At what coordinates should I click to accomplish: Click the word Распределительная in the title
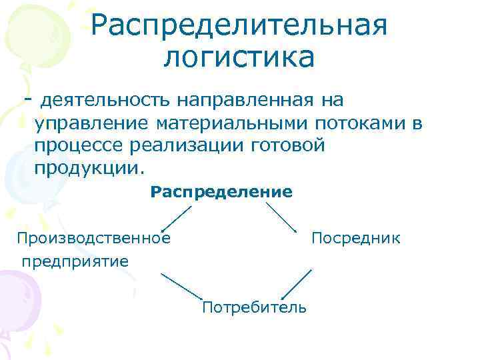click(x=239, y=27)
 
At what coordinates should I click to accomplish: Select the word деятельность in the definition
click(x=107, y=101)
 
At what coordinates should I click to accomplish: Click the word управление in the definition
click(x=90, y=123)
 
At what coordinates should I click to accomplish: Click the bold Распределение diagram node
click(x=221, y=193)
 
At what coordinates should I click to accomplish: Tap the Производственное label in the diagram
click(x=93, y=238)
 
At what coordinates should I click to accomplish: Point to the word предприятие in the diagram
click(x=75, y=261)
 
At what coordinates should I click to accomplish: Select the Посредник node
click(x=356, y=238)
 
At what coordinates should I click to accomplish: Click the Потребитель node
click(x=254, y=307)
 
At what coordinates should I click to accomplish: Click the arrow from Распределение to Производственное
click(x=177, y=218)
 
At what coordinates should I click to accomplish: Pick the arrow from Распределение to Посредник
click(x=281, y=217)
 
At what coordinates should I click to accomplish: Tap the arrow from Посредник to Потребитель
click(x=297, y=285)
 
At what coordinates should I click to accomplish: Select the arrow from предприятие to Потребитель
click(x=181, y=285)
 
